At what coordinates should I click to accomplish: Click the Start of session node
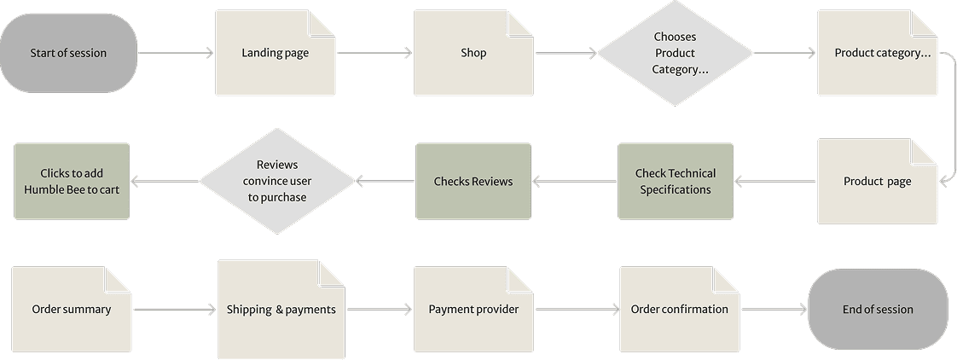pos(68,53)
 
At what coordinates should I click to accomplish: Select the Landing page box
pos(275,53)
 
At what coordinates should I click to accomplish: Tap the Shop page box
pos(473,53)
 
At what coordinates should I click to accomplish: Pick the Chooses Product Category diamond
pos(675,53)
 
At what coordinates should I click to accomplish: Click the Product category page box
pos(877,53)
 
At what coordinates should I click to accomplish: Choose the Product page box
pos(877,182)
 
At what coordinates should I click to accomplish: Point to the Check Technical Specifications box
pos(676,181)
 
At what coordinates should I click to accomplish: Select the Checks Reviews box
pos(473,181)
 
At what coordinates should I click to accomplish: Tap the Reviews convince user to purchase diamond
pos(277,181)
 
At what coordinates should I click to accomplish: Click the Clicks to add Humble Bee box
pos(72,181)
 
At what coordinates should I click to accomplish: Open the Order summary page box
pos(72,310)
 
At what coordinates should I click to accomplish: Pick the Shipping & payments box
pos(281,310)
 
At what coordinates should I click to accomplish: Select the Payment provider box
pos(473,310)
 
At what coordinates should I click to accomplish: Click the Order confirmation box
pos(679,310)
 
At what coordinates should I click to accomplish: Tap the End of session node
pos(878,310)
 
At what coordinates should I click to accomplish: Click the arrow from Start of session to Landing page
pos(176,53)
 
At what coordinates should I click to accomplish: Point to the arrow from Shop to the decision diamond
pos(565,54)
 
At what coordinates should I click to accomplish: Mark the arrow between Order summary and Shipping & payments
pos(174,310)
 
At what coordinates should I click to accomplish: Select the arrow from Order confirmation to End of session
pos(773,310)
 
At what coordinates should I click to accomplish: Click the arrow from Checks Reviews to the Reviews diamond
pos(385,181)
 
